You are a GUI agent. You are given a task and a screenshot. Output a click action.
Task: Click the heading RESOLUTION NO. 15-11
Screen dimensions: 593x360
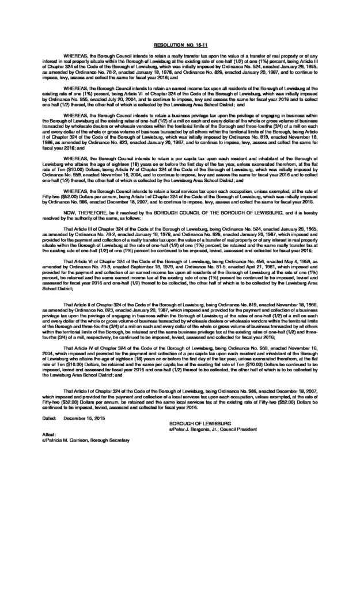point(180,44)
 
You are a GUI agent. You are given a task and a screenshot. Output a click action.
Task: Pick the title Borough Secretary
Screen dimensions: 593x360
point(116,440)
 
